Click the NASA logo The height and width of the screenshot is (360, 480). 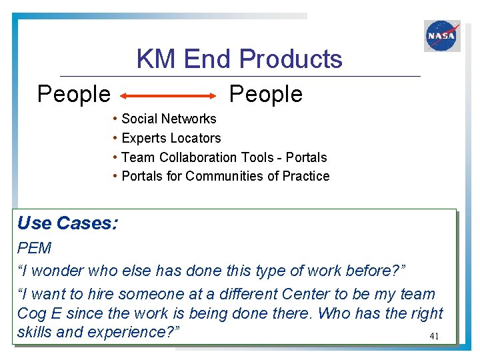442,35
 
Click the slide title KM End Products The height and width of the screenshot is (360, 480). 239,59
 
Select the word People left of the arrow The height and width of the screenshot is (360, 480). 73,95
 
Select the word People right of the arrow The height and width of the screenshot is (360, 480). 265,95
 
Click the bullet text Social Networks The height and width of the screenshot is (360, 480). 169,119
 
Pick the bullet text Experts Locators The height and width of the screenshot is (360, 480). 171,138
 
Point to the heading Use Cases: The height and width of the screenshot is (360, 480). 67,223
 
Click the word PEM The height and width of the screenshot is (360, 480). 34,249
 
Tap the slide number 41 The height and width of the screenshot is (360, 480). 434,337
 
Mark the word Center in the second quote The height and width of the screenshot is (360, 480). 309,294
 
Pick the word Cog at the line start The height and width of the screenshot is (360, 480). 31,313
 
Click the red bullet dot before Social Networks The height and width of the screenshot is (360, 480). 116,119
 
